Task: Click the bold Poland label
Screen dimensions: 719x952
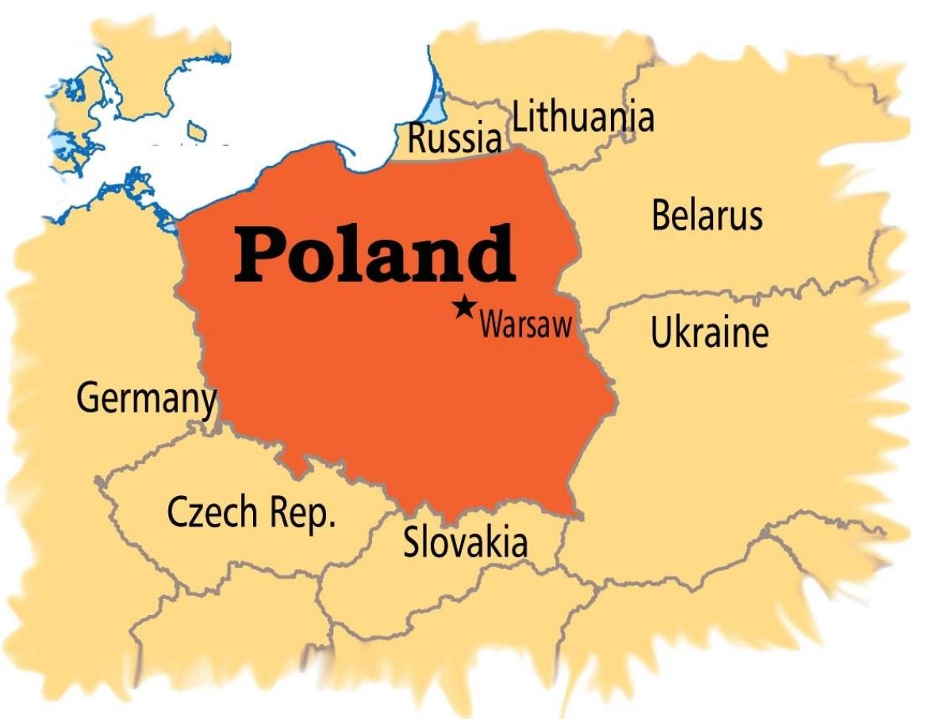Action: point(374,254)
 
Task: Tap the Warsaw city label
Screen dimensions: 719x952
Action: point(525,325)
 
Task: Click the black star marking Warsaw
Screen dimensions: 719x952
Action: point(464,307)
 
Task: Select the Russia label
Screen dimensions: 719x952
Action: point(455,139)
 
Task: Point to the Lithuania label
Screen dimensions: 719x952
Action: point(583,118)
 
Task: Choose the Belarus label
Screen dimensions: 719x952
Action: point(707,216)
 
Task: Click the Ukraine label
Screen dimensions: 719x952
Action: point(709,333)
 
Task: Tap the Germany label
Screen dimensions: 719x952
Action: point(146,399)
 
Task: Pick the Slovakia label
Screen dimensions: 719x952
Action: point(465,543)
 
